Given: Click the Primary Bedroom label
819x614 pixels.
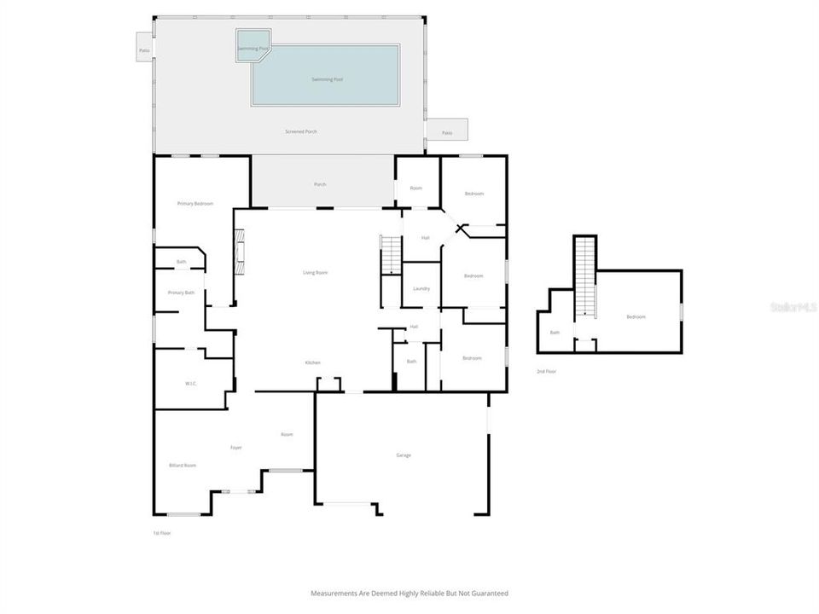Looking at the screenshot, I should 195,204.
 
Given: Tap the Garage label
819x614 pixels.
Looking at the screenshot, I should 404,455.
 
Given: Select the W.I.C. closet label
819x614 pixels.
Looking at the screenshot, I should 190,384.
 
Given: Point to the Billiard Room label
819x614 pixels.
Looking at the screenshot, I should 183,466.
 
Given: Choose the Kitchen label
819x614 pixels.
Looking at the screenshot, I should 313,363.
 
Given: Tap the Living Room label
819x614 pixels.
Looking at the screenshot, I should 315,273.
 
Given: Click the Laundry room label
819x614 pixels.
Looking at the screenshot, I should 421,289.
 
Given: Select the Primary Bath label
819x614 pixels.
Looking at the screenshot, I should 181,293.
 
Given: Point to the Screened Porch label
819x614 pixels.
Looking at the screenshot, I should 300,132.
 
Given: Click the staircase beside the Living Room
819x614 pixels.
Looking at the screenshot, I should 390,255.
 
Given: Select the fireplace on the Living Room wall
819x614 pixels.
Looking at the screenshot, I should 240,253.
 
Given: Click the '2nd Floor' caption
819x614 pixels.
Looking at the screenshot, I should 547,372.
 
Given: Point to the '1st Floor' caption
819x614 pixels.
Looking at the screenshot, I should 162,533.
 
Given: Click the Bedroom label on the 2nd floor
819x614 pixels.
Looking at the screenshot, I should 636,317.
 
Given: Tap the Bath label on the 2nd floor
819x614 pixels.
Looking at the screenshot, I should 555,333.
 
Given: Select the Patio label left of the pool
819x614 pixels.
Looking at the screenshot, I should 143,51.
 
